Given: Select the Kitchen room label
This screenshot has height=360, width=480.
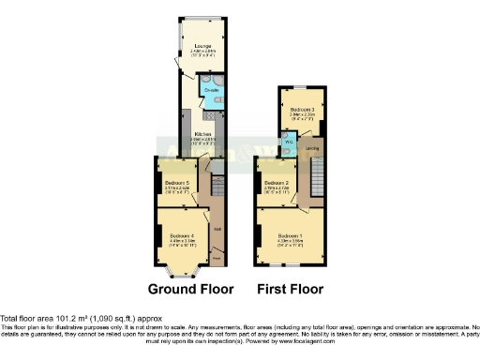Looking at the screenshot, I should pos(202,134).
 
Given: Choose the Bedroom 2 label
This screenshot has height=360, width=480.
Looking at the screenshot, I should pos(276,183).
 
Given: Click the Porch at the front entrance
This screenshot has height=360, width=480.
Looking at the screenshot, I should pos(217,253).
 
